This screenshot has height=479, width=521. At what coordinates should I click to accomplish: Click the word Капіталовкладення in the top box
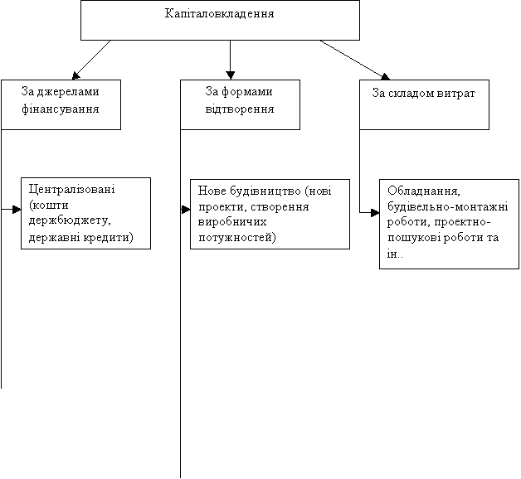click(x=219, y=13)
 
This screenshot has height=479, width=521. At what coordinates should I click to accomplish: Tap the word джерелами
click(x=68, y=92)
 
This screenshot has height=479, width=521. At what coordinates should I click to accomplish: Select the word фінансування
click(x=60, y=109)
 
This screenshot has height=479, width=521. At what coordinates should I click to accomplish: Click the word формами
click(x=247, y=92)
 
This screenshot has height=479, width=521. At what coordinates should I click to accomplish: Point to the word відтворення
click(x=240, y=109)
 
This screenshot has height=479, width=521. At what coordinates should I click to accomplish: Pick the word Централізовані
click(x=72, y=189)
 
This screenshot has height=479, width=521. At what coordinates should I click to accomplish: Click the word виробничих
click(x=232, y=221)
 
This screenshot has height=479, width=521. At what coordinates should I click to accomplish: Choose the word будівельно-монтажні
click(x=447, y=207)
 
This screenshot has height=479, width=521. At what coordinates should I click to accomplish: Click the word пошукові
click(x=414, y=238)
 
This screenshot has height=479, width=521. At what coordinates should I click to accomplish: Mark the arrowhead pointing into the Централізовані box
click(x=17, y=210)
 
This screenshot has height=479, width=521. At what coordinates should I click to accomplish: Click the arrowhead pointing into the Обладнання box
click(x=375, y=212)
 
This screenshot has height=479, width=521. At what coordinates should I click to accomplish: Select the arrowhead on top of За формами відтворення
click(x=231, y=75)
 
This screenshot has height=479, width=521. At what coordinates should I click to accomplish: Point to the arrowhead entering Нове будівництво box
click(x=186, y=210)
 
